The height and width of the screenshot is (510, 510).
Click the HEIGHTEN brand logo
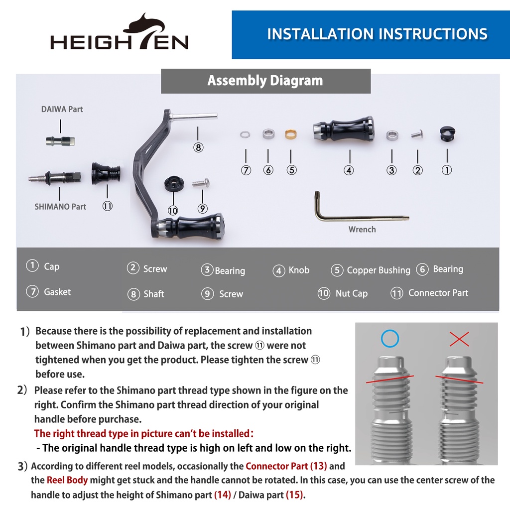(120, 32)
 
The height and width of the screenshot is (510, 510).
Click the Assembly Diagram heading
(265, 81)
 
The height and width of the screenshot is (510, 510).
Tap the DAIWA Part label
(62, 109)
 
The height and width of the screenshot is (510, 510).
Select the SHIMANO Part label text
(60, 207)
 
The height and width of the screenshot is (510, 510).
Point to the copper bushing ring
(291, 134)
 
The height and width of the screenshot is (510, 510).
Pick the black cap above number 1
(447, 133)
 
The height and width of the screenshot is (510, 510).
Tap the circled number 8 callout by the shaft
(198, 147)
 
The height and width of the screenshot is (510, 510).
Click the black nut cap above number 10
(174, 184)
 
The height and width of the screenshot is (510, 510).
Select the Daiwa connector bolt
(60, 141)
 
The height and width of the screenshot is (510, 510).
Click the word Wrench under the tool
(362, 229)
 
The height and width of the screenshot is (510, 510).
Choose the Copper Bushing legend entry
(371, 270)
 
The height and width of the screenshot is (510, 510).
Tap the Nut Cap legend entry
(343, 293)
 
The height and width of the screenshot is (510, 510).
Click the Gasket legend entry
(48, 292)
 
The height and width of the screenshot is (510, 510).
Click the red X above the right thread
(459, 339)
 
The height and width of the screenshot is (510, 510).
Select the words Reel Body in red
(67, 480)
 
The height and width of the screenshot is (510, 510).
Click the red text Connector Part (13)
(286, 466)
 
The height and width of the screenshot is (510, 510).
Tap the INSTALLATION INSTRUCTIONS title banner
(371, 34)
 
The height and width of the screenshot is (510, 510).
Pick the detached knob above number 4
(344, 129)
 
